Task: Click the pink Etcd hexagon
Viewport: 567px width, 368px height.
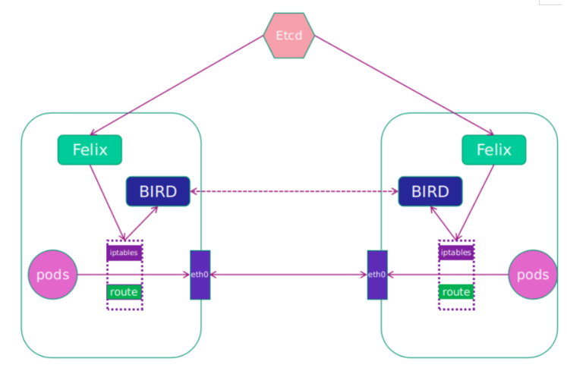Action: [x=289, y=35]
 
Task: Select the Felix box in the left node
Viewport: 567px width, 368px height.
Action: [x=90, y=149]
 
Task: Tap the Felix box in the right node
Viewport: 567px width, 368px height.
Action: [x=493, y=149]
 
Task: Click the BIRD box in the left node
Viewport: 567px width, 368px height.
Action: [x=157, y=191]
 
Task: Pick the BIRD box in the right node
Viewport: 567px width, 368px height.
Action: [x=430, y=191]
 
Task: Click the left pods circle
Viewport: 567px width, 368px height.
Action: [x=53, y=275]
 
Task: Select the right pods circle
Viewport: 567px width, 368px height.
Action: [x=532, y=275]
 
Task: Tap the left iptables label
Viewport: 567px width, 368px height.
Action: [x=124, y=252]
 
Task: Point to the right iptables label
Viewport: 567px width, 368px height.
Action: [x=456, y=252]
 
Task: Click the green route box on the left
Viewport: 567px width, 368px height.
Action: [x=124, y=291]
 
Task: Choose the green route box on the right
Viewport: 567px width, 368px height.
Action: [x=456, y=291]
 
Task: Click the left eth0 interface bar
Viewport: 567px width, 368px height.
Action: [x=200, y=275]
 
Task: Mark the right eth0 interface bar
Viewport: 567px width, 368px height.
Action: [x=377, y=275]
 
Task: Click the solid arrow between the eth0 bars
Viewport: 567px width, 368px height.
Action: [x=288, y=275]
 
